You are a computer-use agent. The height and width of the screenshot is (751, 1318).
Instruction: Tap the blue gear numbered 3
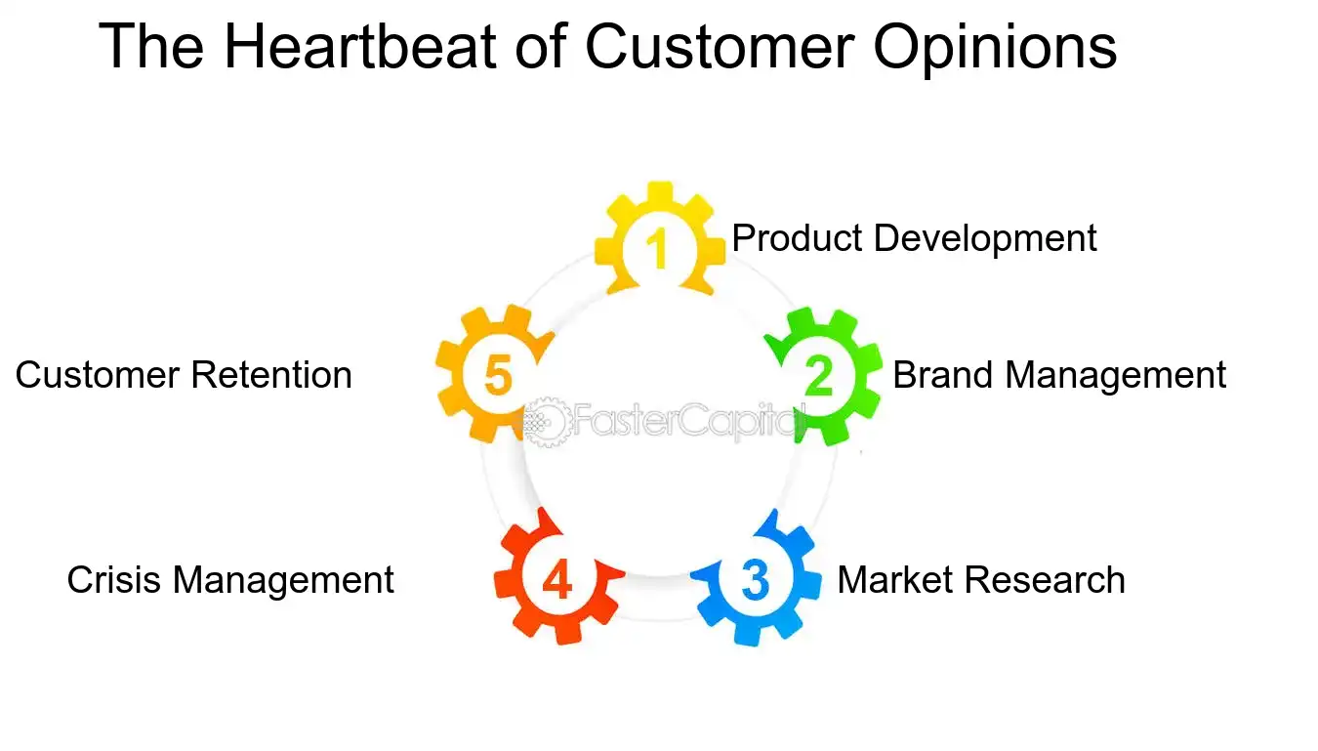click(755, 579)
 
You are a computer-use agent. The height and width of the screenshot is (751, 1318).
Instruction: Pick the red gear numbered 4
click(556, 580)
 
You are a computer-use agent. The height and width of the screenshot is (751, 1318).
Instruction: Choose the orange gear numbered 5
click(497, 376)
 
